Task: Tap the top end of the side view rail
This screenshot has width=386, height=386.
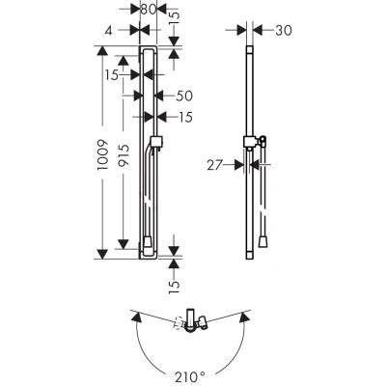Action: tap(250, 46)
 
